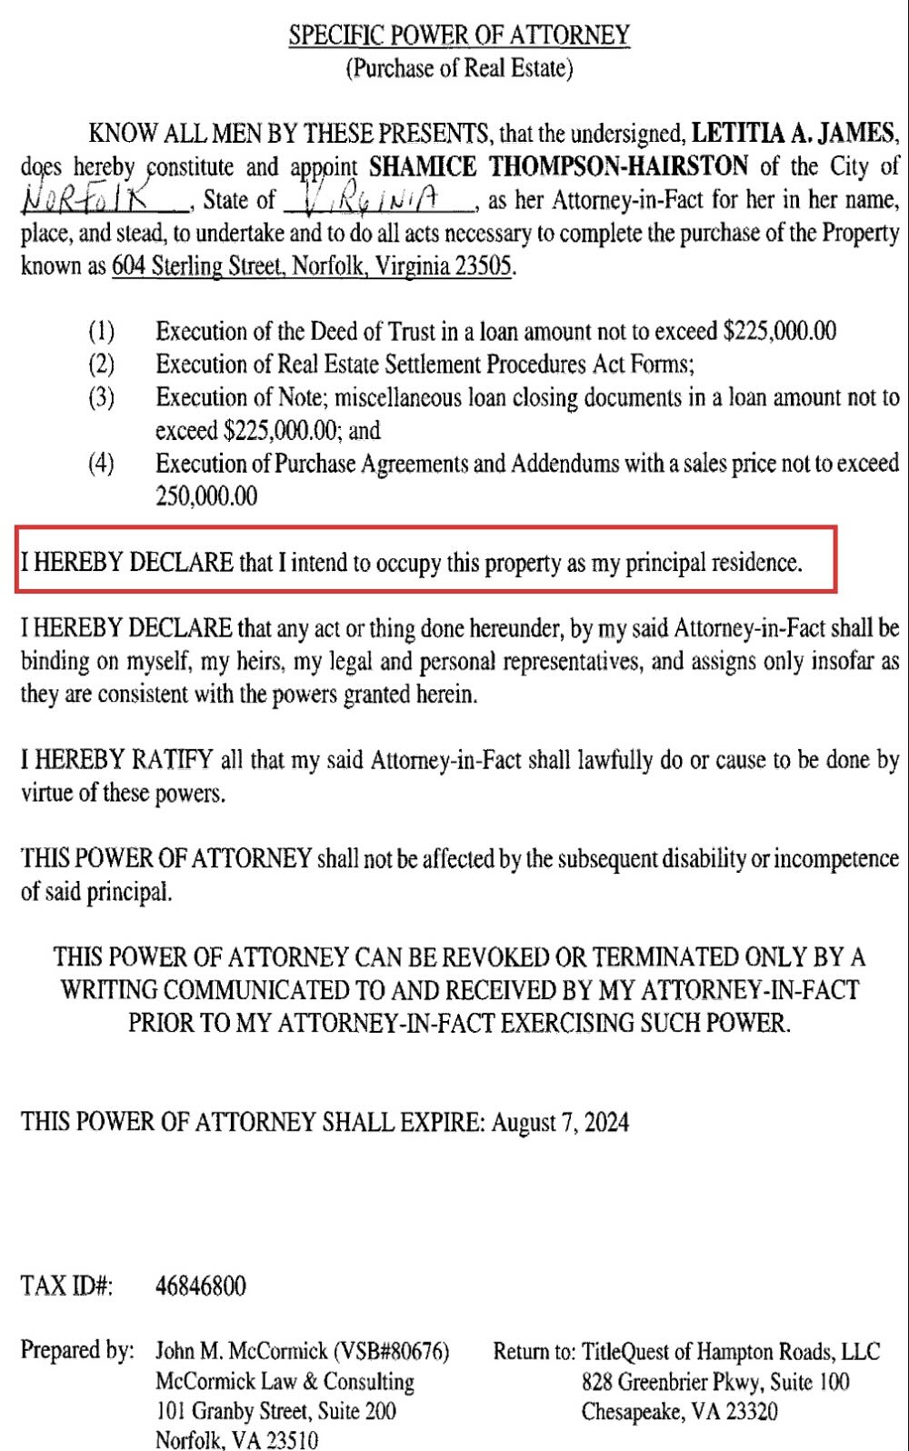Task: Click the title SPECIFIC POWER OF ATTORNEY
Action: pyautogui.click(x=459, y=35)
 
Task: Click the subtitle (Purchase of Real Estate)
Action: pyautogui.click(x=459, y=68)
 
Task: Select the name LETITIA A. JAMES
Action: pyautogui.click(x=794, y=134)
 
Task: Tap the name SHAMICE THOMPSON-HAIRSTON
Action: pyautogui.click(x=559, y=166)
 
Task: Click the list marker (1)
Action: pyautogui.click(x=101, y=331)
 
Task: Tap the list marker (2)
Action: pyautogui.click(x=101, y=365)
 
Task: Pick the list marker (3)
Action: pyautogui.click(x=101, y=397)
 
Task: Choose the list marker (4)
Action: pyautogui.click(x=101, y=464)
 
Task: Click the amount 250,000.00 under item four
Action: pyautogui.click(x=206, y=496)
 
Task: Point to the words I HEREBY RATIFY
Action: pyautogui.click(x=117, y=760)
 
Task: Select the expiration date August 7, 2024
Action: pyautogui.click(x=560, y=1122)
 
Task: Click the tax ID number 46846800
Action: pyautogui.click(x=201, y=1286)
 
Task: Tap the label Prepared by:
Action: pyautogui.click(x=77, y=1351)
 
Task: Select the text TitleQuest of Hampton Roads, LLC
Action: pyautogui.click(x=731, y=1352)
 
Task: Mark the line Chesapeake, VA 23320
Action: pyautogui.click(x=679, y=1412)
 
